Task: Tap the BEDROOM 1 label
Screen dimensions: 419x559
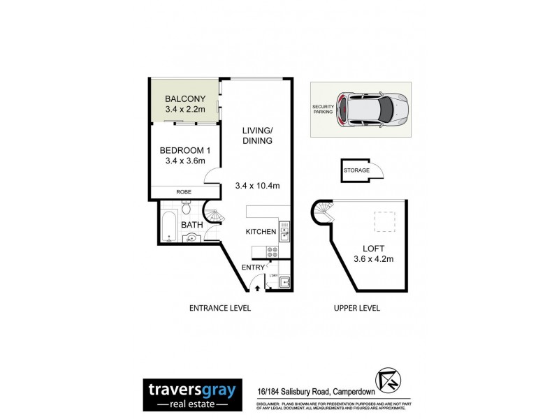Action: (x=184, y=150)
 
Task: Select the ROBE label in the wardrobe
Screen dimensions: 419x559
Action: (x=184, y=192)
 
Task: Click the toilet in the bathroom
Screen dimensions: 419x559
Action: (x=186, y=207)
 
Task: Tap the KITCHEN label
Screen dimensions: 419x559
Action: (x=261, y=232)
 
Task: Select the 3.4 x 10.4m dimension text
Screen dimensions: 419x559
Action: (x=256, y=186)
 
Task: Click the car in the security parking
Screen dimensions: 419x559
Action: (x=370, y=109)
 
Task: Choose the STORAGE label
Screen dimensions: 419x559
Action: (x=356, y=170)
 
